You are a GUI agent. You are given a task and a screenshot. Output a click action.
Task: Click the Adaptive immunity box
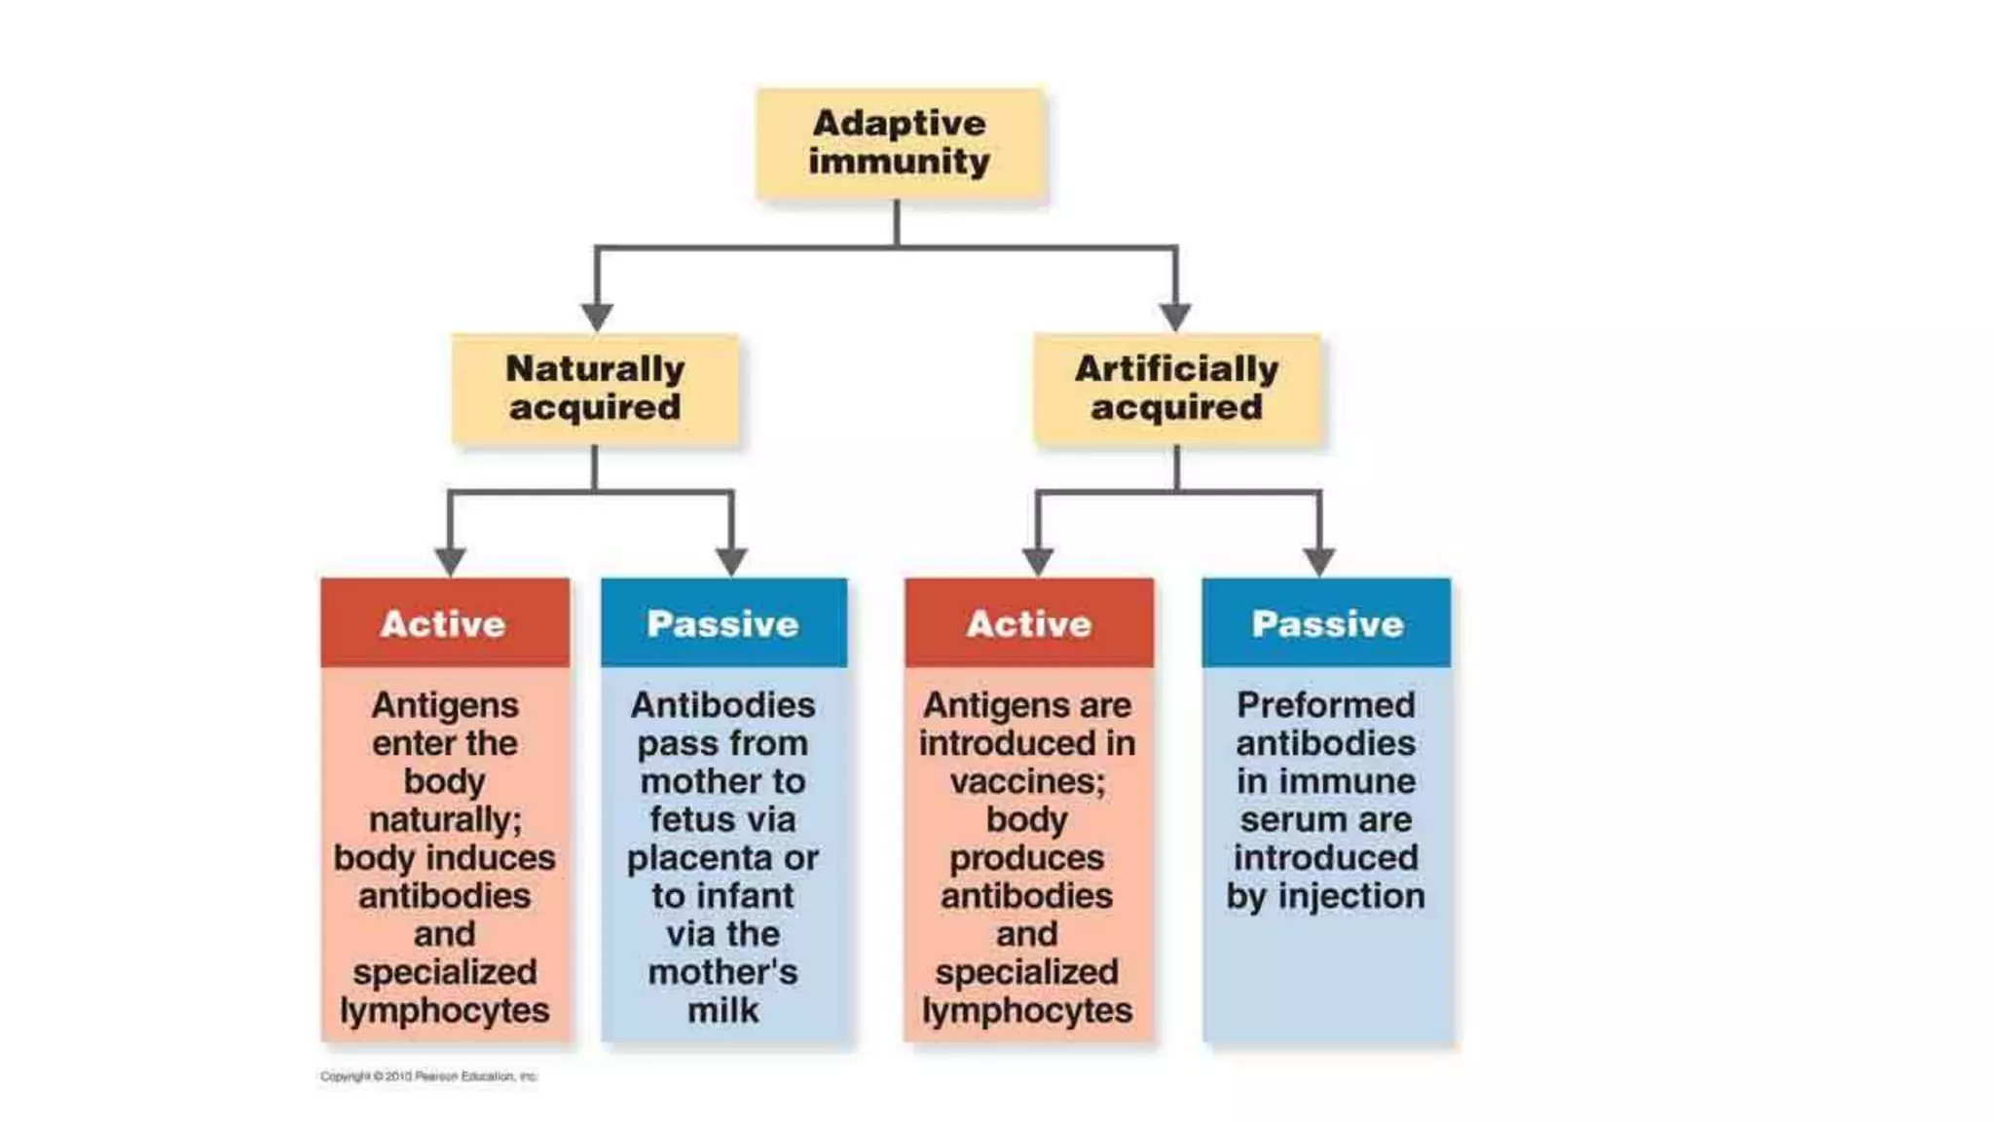coord(900,142)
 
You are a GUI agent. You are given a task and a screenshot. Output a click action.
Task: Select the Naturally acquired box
coord(595,388)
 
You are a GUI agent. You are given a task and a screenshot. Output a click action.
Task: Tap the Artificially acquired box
coord(1176,388)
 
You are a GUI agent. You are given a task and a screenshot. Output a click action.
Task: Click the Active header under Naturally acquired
coord(444,623)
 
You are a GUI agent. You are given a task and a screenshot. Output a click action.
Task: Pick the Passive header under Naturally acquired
coord(723,623)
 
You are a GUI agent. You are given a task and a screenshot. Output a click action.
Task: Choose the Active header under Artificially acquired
coord(1029,623)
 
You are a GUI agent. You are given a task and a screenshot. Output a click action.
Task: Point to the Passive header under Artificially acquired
coord(1327,623)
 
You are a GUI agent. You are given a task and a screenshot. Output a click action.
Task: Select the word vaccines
coord(1027,782)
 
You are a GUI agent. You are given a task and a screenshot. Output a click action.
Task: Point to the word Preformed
coord(1326,705)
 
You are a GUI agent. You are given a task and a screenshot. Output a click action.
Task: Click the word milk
coord(722,1010)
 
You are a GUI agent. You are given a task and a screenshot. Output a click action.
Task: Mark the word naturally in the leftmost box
coord(445,820)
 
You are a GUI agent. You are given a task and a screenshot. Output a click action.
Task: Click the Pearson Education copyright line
coord(428,1076)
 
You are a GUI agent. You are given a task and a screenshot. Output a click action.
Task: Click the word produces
coord(1027,858)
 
